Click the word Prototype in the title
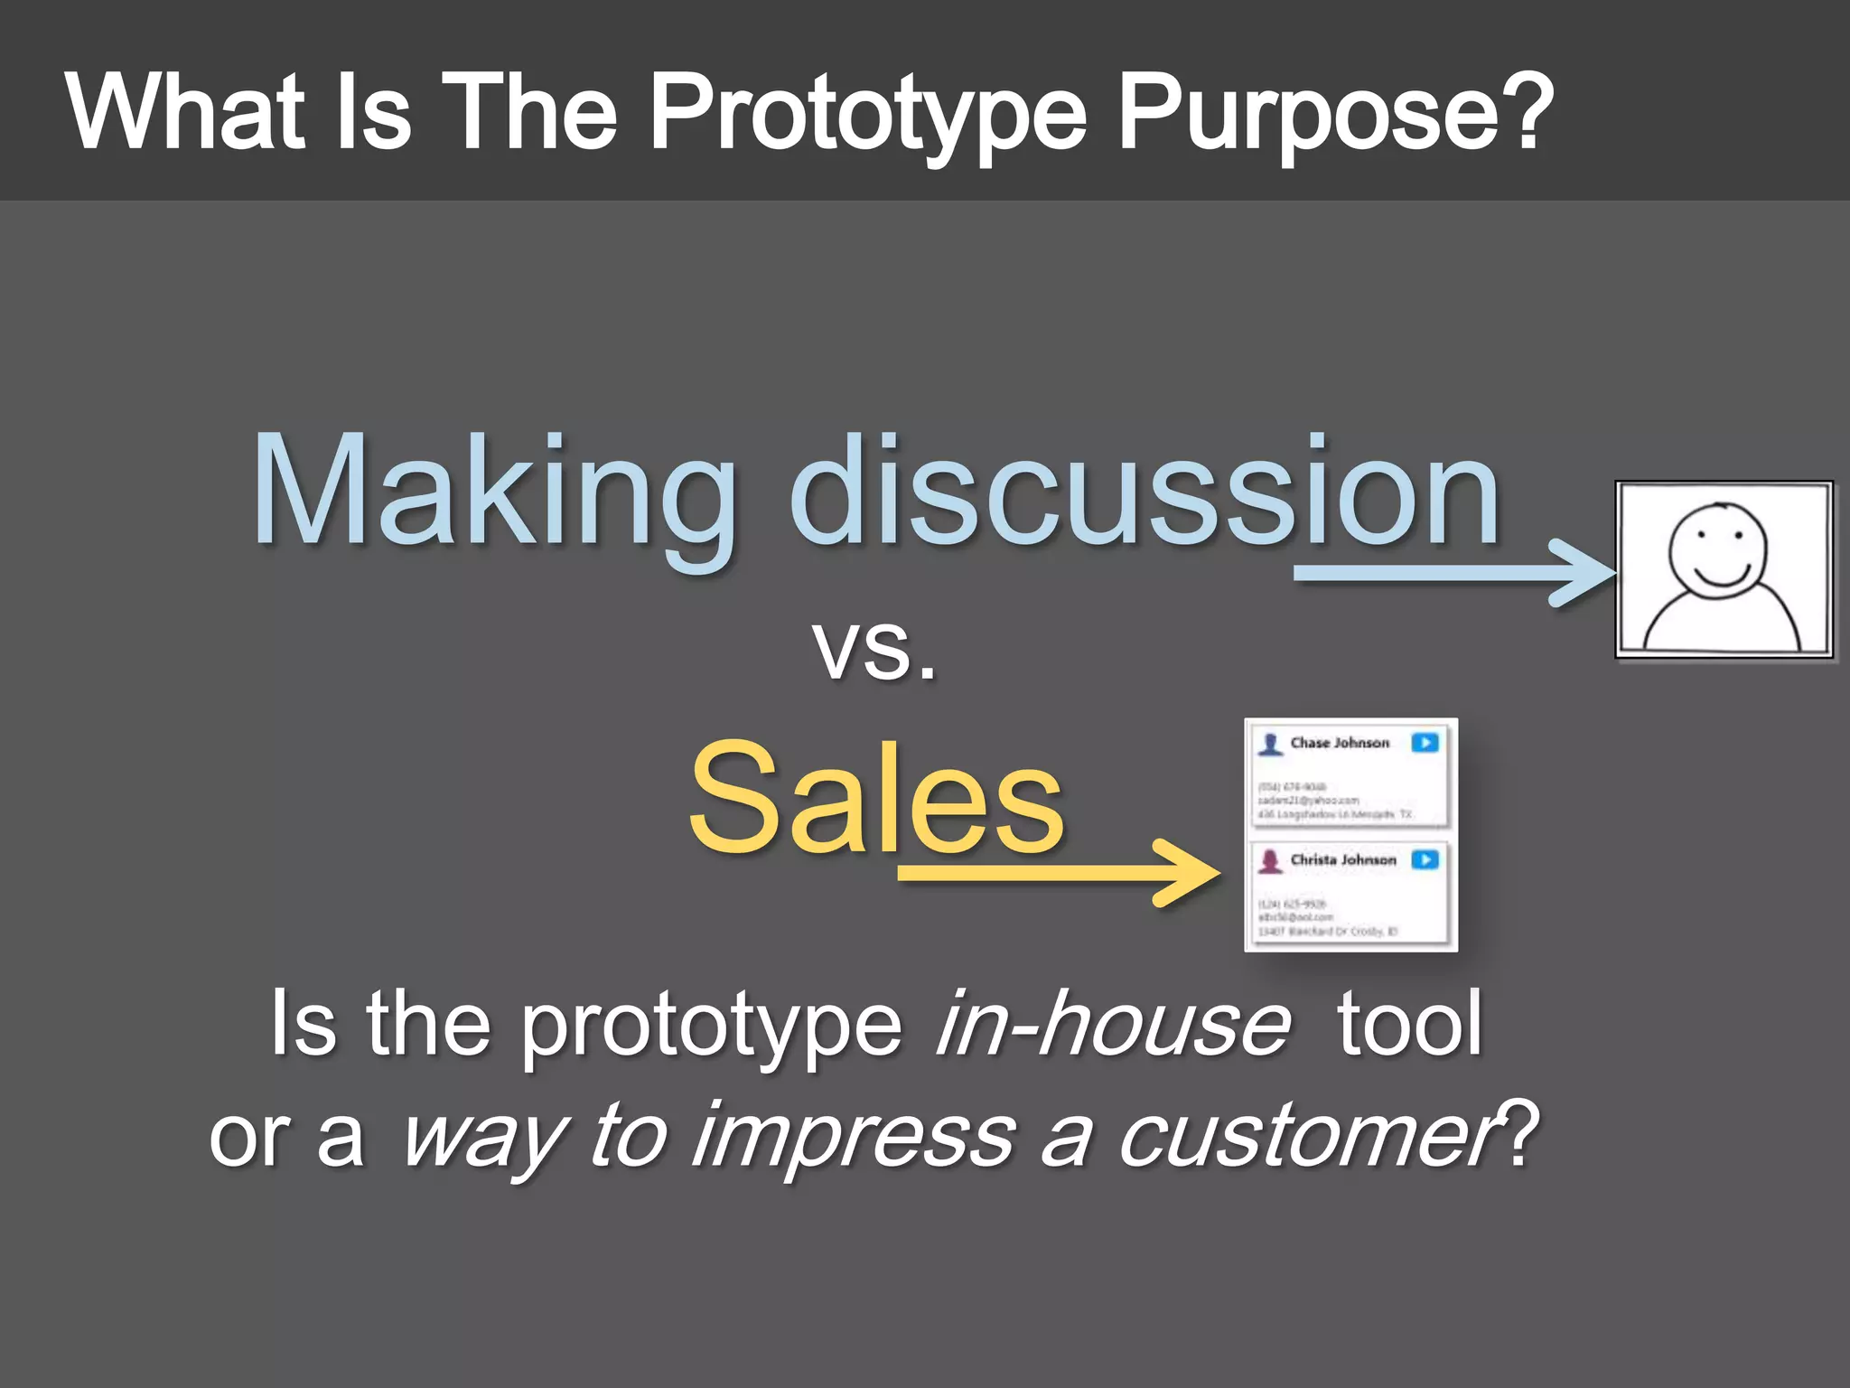point(867,113)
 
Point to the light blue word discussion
point(1144,492)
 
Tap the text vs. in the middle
point(874,649)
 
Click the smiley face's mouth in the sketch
point(1721,577)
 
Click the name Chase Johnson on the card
point(1340,743)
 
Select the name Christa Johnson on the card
point(1342,859)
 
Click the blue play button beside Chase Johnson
point(1425,743)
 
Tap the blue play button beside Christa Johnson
point(1425,859)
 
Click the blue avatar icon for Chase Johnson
point(1271,744)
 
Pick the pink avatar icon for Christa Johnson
point(1271,860)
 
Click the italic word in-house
point(1113,1024)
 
